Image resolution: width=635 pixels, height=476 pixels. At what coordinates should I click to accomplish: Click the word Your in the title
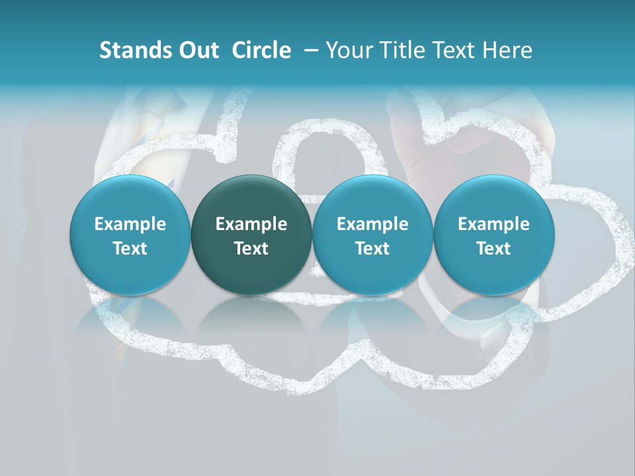coord(349,50)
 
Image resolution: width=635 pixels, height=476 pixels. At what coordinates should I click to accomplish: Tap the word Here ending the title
coord(507,50)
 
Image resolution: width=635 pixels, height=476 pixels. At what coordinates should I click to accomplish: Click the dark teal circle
coord(251,235)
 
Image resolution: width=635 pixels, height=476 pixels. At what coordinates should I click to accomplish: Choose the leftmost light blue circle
coord(130,235)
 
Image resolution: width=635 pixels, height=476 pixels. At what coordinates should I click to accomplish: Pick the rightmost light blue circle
coord(493,235)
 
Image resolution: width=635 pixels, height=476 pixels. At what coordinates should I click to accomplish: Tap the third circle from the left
coord(372,235)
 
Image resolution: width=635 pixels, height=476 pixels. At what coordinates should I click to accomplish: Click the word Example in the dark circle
coord(251,224)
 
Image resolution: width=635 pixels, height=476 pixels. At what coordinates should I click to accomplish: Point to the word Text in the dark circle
coord(251,249)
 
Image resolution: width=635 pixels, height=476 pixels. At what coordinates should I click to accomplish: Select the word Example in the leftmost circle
coord(130,224)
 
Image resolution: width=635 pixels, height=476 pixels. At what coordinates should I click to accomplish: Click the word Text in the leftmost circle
coord(130,249)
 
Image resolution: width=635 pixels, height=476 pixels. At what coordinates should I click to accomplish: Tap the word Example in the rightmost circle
coord(493,224)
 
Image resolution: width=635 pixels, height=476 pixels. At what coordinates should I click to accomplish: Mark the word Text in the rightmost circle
coord(493,249)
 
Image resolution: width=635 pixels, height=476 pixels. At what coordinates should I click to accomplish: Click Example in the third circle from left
coord(372,224)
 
